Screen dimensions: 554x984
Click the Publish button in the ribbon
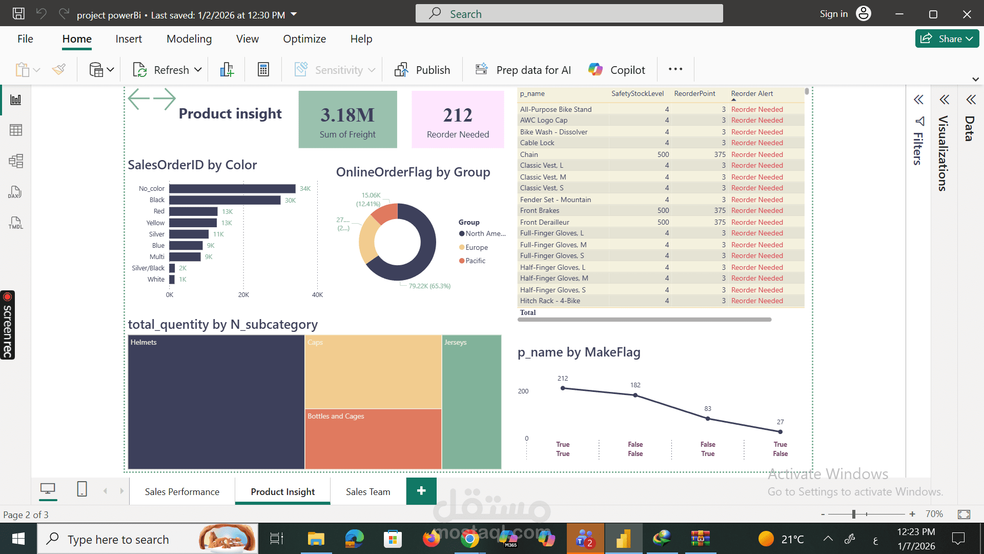[422, 70]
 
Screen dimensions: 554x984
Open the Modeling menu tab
[189, 39]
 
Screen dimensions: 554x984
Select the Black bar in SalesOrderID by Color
[224, 200]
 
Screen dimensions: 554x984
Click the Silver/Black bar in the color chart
[172, 268]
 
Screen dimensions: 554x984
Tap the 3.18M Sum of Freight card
[347, 120]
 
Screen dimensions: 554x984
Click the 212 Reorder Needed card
[458, 120]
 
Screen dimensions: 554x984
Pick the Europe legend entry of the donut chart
[476, 247]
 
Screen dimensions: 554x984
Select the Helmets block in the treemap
[216, 402]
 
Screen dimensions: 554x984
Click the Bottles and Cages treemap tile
[373, 439]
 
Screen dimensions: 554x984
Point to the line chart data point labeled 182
[635, 395]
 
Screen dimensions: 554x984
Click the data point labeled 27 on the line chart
[780, 432]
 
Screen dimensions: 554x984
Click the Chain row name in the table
[529, 154]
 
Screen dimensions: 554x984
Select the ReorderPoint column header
[694, 93]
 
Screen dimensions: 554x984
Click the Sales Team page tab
[367, 491]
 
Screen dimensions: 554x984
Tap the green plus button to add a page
[421, 491]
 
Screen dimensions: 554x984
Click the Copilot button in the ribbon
[617, 70]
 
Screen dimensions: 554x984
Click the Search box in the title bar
[569, 14]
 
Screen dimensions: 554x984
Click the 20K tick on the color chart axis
[243, 295]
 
